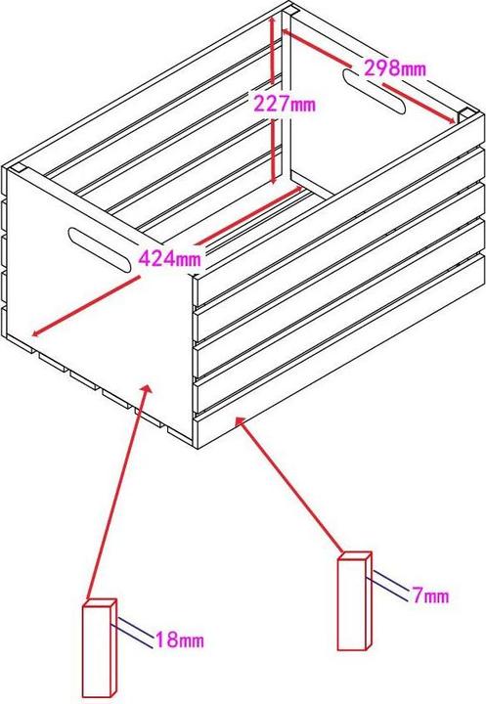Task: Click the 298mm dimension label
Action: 395,68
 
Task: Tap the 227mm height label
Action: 286,104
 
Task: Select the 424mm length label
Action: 170,258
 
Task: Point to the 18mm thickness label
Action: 180,639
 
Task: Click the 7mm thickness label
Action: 431,595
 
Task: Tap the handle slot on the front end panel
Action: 100,249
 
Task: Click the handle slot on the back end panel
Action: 375,91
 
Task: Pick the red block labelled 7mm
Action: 354,601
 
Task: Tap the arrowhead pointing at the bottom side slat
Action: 240,422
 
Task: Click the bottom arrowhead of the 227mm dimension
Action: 274,179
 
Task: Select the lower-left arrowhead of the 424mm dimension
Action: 37,331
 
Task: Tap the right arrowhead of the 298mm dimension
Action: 450,119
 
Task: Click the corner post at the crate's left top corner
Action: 20,168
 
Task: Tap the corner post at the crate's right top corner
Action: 465,114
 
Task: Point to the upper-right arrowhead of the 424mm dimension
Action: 297,190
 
